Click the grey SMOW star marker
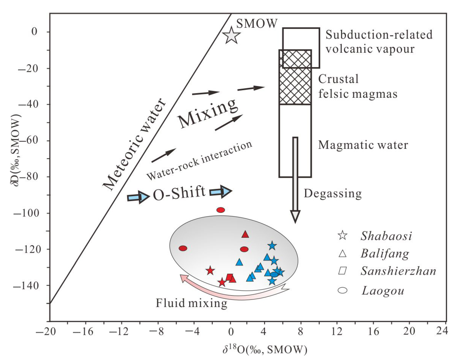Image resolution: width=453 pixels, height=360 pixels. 231,35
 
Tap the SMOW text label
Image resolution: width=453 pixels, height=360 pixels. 257,23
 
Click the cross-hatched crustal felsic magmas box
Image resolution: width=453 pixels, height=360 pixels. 295,77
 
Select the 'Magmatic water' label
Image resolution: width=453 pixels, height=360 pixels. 363,145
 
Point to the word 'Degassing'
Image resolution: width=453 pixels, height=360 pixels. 333,193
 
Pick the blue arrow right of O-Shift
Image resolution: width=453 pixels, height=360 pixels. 221,192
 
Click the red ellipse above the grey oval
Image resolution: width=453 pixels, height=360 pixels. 221,210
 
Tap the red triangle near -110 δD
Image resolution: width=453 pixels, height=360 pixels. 245,234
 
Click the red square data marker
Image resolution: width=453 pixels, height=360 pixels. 229,277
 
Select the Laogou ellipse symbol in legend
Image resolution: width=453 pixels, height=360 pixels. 342,290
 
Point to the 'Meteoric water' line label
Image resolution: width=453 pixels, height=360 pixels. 134,144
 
